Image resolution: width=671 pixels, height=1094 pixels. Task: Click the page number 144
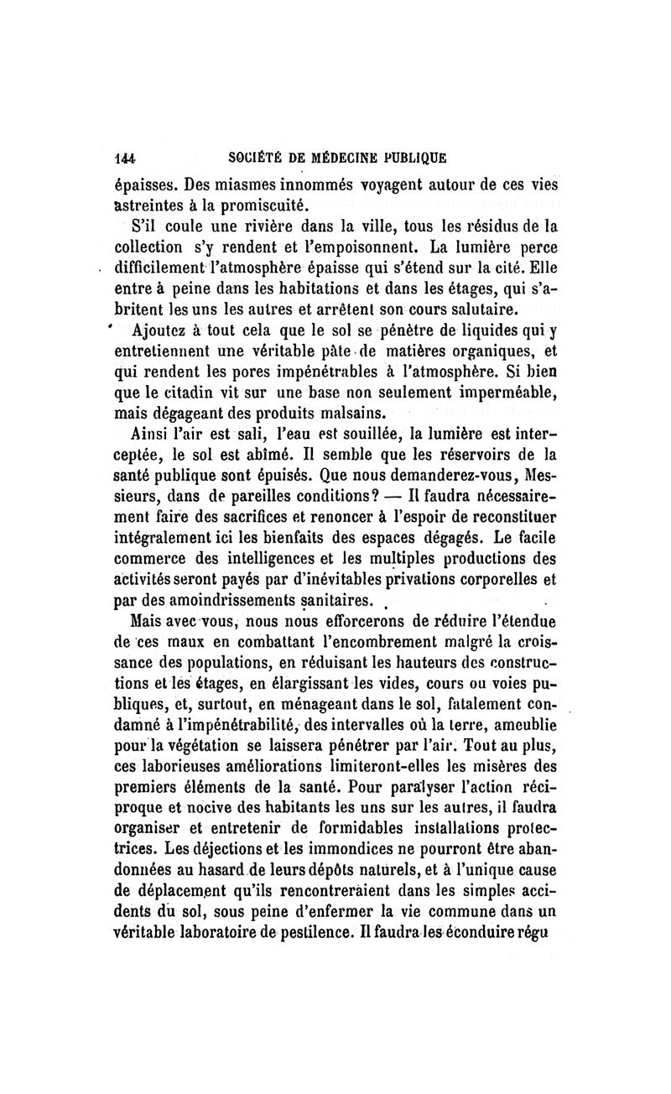click(x=125, y=156)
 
